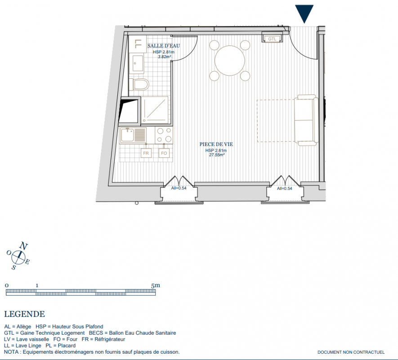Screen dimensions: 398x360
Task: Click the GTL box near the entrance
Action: point(272,39)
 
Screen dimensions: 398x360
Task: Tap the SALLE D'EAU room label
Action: point(163,46)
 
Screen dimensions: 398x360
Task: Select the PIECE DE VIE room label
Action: point(216,144)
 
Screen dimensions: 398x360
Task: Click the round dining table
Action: point(230,61)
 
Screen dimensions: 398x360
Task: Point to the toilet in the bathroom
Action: point(139,84)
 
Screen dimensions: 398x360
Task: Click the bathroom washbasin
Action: point(137,63)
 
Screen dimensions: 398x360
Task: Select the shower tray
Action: point(155,109)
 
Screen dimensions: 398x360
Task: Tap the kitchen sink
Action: point(133,135)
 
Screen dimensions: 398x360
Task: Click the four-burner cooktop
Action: point(164,135)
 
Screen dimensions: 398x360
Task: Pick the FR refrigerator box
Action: point(146,153)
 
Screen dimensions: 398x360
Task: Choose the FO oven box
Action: point(164,153)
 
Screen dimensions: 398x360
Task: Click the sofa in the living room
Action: point(306,120)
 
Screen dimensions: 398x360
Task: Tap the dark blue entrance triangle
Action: point(304,13)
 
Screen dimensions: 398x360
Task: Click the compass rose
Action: point(18,257)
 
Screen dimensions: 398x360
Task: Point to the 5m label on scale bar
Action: point(155,285)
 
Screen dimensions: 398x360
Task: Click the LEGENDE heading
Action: point(25,314)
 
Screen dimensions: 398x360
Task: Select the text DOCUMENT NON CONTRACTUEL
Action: point(351,352)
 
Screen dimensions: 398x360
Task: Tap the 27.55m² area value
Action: point(216,155)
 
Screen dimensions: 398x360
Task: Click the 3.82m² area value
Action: point(164,57)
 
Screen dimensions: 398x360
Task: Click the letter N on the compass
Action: point(23,246)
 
